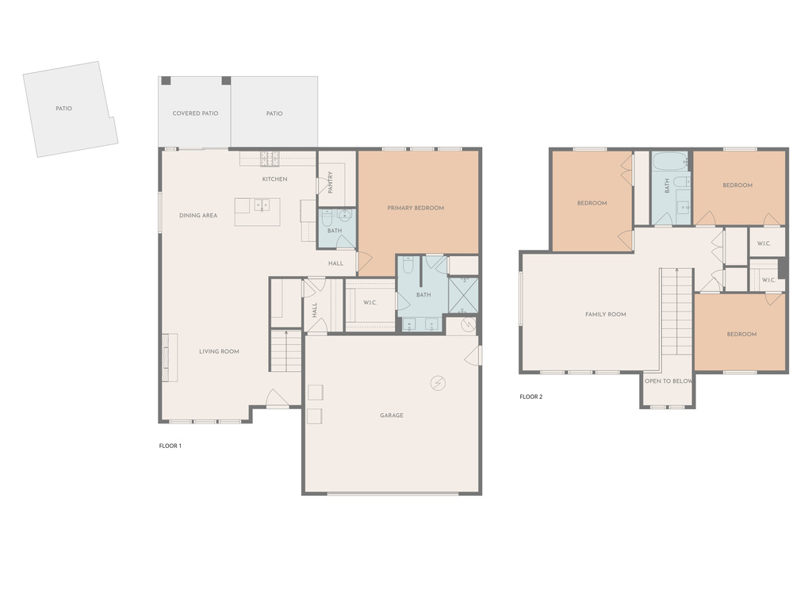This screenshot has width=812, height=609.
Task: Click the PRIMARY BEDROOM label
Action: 416,209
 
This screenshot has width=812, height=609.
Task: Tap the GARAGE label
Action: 392,416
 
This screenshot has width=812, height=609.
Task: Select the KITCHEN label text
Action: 274,179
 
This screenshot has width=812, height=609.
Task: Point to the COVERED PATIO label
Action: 195,113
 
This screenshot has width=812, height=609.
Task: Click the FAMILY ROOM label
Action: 605,314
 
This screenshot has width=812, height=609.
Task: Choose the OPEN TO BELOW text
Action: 668,381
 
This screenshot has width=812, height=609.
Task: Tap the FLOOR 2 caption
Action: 530,397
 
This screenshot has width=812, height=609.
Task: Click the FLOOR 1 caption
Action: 170,446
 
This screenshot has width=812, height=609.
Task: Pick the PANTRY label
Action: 331,182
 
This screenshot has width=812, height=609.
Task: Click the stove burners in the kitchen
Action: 270,159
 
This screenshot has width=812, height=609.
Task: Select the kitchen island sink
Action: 262,205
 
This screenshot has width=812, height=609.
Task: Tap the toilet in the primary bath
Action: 408,265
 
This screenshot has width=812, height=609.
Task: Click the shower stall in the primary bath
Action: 463,295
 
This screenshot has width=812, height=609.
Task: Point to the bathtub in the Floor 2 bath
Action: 669,162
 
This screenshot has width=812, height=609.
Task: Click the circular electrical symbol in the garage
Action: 438,383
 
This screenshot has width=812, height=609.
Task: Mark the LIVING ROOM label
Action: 219,351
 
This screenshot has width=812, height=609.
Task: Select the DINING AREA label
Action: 198,216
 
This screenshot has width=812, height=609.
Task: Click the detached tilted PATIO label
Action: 63,109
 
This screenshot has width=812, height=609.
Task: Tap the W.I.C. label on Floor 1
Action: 370,303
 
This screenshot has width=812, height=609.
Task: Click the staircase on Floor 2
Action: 676,312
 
